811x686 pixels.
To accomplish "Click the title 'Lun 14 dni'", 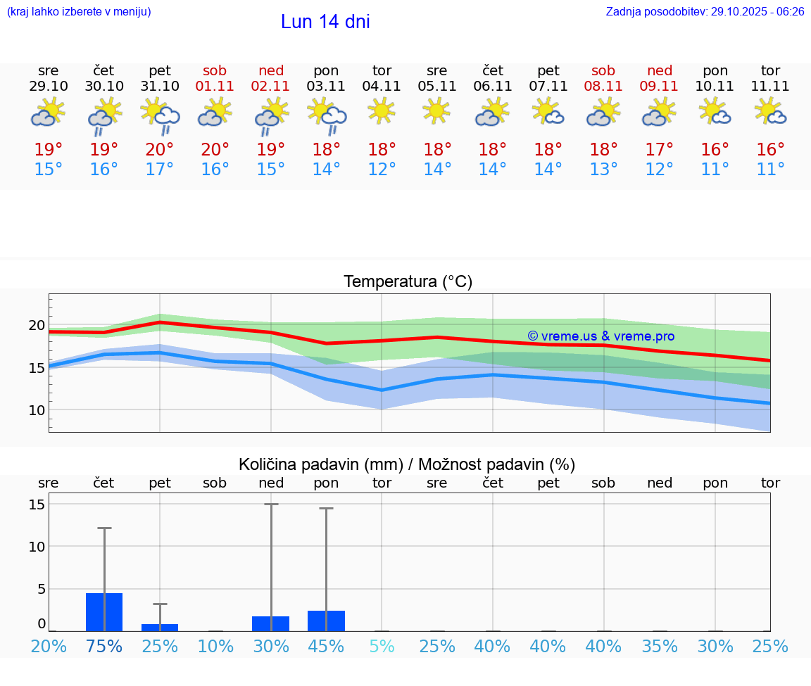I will pos(325,22).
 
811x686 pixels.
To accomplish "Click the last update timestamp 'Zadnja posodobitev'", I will pos(705,12).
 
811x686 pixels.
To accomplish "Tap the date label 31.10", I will pos(160,86).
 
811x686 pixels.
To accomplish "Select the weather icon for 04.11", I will pos(382,111).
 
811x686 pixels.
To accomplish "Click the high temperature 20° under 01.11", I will pos(215,150).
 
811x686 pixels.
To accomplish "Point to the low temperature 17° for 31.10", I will pos(160,170).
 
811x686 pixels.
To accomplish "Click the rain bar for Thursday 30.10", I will pos(104,612).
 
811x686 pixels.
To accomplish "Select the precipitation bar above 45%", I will pos(327,621).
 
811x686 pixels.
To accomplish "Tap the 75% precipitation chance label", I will pos(104,646).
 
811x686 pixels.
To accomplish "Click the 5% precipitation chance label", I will pos(382,646).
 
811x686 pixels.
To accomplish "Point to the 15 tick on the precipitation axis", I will pos(37,504).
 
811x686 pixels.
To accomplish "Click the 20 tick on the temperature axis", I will pos(37,325).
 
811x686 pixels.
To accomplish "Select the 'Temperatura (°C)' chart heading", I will pos(408,282).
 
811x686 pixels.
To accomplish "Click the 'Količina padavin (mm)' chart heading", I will pos(407,464).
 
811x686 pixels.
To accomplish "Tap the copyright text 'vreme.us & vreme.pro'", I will pos(601,336).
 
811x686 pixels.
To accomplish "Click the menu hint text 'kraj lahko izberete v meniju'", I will pos(79,12).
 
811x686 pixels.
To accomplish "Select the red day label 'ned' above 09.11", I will pos(660,70).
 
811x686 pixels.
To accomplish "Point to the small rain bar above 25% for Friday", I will pos(160,627).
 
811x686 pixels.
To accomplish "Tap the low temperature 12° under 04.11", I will pos(382,170).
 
